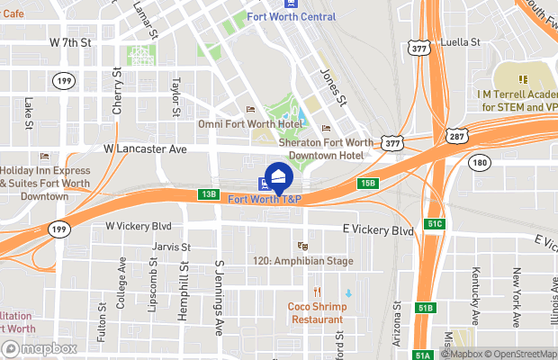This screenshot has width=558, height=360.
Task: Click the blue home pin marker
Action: click(x=278, y=176)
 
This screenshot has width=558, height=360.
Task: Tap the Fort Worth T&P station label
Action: click(x=265, y=199)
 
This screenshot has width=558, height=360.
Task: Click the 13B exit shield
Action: click(x=209, y=193)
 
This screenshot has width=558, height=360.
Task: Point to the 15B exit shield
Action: click(x=367, y=184)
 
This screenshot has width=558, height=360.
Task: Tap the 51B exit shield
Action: click(x=426, y=307)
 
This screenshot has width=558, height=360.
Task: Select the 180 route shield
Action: click(x=478, y=162)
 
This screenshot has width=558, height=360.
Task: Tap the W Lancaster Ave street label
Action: click(x=145, y=148)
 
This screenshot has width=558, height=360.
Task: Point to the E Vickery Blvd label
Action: click(x=378, y=230)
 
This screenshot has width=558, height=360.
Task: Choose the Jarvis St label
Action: click(x=172, y=246)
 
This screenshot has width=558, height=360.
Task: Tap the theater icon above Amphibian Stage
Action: click(x=303, y=245)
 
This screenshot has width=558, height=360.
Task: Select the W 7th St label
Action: click(x=71, y=42)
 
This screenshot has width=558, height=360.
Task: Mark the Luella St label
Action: click(x=465, y=42)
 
